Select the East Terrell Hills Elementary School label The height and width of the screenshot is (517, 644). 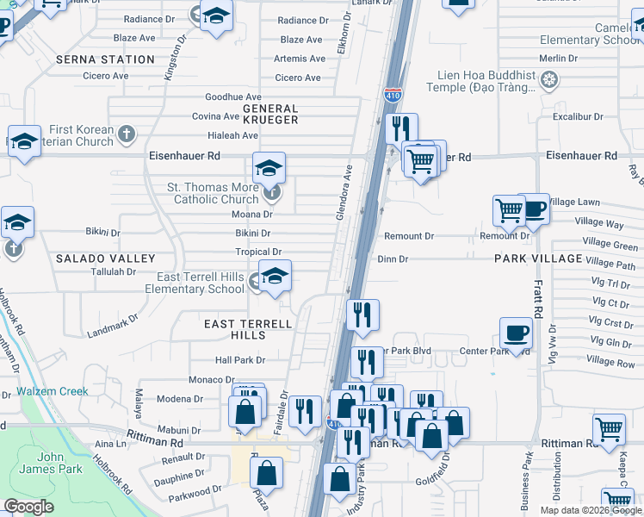[x=200, y=283]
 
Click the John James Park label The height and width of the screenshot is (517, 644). [x=60, y=462]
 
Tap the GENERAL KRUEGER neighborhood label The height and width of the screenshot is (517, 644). [x=270, y=115]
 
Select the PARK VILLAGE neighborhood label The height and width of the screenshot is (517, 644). [x=539, y=258]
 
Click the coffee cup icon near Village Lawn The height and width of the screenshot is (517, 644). [x=534, y=209]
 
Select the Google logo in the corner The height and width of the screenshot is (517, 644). [x=29, y=507]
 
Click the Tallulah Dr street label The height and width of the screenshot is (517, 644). [x=114, y=271]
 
